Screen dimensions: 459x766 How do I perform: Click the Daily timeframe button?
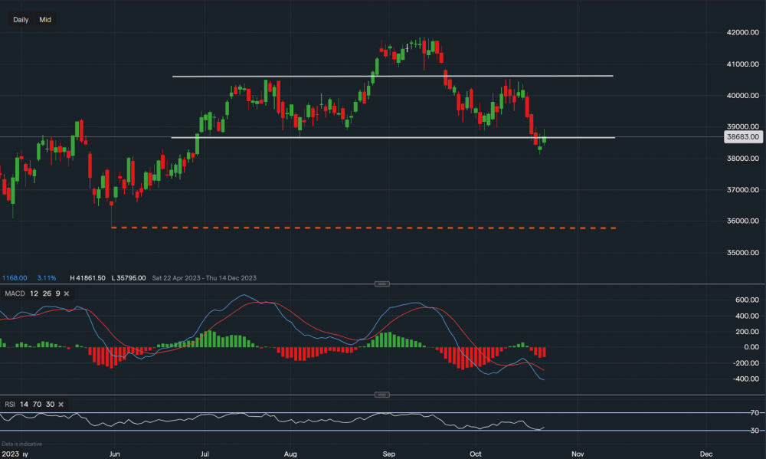(x=21, y=19)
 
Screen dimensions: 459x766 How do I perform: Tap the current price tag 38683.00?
(x=742, y=137)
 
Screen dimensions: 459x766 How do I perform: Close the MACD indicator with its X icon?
(x=67, y=293)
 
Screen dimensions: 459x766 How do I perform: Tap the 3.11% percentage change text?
(x=47, y=277)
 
